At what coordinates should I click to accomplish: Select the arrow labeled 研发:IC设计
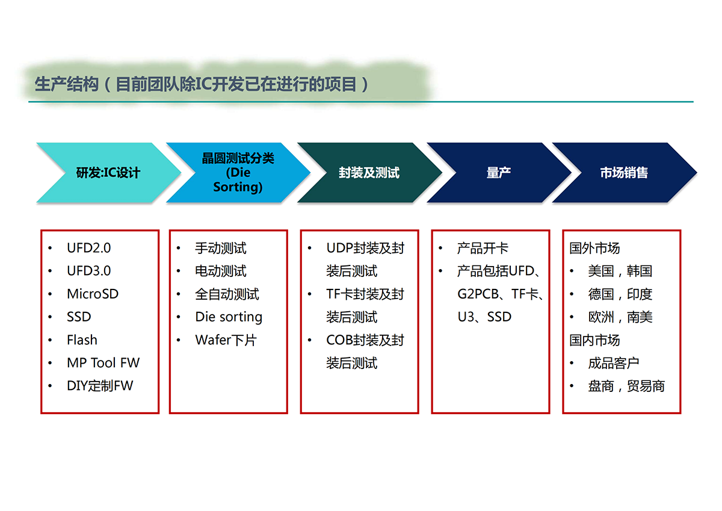108,173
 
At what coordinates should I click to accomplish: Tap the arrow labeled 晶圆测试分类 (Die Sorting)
238,173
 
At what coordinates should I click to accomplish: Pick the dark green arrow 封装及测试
369,173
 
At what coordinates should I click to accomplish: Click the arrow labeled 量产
499,173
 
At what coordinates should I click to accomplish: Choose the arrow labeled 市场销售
625,173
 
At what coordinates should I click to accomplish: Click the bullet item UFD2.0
88,248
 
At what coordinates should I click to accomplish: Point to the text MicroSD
93,294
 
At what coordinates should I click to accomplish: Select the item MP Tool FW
103,363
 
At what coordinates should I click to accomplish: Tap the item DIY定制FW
100,386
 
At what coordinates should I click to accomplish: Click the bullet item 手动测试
221,248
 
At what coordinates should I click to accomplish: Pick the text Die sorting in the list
229,317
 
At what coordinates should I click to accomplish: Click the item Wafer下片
226,340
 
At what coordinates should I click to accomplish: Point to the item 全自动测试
227,294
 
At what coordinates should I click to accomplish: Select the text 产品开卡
483,248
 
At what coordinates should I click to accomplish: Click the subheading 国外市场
594,248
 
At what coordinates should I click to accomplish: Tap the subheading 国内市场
594,340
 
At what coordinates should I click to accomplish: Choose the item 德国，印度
620,294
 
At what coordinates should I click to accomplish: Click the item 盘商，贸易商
626,386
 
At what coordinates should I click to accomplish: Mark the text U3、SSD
484,317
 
